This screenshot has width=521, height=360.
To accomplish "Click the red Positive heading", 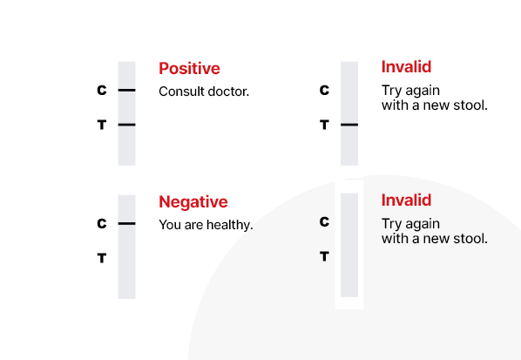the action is point(189,69).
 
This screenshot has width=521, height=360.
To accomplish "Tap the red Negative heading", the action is point(193,201).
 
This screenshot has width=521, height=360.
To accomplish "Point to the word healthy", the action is point(230,225).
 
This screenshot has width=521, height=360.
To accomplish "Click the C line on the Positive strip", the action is point(126,90).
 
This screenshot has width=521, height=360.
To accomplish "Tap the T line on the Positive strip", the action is point(126,125).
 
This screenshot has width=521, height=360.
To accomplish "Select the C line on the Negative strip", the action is point(126,223).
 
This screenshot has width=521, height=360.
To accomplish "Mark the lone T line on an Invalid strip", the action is point(349,125).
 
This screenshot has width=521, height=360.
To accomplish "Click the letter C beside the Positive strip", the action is point(102,90).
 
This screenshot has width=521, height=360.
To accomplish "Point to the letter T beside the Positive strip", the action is point(102,125).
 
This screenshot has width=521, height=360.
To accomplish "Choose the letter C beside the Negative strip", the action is point(102,223).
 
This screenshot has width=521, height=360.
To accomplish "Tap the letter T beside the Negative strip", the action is point(102,258).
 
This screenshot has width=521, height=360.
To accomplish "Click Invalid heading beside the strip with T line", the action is point(406,67).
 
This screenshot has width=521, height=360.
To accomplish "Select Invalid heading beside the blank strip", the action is point(406,200).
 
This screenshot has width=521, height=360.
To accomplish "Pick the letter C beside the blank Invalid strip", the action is point(324,221).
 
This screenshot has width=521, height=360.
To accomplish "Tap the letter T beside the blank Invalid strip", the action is point(324,256).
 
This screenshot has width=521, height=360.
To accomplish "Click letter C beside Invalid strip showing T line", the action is point(324,90).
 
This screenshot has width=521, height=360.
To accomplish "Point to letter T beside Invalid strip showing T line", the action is point(324,125).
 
